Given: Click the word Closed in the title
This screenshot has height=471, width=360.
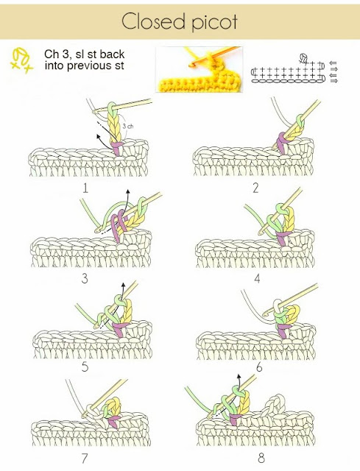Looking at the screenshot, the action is coord(153,21).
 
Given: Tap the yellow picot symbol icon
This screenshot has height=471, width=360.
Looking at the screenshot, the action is coord(21,60).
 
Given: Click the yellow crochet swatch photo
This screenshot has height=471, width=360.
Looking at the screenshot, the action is coord(199,69).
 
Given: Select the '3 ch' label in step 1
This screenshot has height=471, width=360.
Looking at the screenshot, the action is coord(128,126).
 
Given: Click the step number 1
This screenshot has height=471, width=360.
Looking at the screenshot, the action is coord(85,188).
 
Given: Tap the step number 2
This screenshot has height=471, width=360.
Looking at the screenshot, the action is coord(255,188).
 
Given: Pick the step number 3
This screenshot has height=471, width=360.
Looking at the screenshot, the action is coord(85,278).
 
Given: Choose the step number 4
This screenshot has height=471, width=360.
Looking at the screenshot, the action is coord(257,279).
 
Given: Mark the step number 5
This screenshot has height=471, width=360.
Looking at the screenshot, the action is coord(85,366).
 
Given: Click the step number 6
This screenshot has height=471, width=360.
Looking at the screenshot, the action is coord(259,367).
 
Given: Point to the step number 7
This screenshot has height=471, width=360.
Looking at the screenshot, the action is coord(85,458).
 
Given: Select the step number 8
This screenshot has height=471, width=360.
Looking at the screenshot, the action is coord(261,458).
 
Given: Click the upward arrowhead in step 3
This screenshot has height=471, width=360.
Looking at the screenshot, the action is coord(127,191).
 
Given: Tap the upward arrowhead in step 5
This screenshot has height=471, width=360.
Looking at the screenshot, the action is coord(123,285).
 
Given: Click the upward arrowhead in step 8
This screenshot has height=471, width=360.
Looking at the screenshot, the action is coord(239,376).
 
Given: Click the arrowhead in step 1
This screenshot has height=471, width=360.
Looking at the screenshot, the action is coord(99,137).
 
